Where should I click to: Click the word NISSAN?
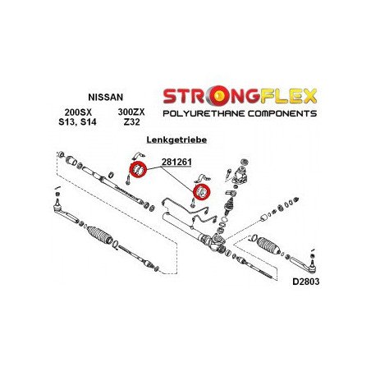click(x=106, y=97)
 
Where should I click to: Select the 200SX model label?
click(x=78, y=112)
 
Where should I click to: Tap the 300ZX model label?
click(x=131, y=112)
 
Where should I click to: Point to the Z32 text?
click(x=131, y=121)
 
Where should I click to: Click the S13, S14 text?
click(x=77, y=121)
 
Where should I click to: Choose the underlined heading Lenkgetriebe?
click(x=176, y=140)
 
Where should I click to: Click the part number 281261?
click(x=176, y=162)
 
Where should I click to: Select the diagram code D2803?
click(x=305, y=282)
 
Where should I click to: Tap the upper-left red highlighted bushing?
click(x=138, y=170)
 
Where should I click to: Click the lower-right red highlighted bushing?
click(x=202, y=192)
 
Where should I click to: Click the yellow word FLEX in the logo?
click(x=288, y=96)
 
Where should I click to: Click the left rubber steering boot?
click(x=100, y=235)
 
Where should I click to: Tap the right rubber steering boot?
click(x=268, y=245)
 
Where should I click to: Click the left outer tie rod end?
click(x=66, y=212)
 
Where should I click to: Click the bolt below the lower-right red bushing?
click(x=193, y=203)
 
